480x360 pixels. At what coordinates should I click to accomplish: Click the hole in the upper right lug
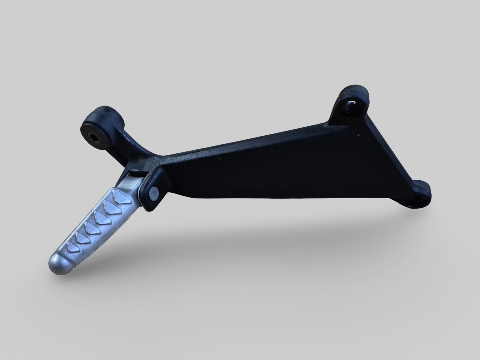coord(350,107)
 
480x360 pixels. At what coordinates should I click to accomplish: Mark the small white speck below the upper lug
coord(358,135)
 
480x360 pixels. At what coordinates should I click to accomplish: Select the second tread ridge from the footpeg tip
coord(81,237)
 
